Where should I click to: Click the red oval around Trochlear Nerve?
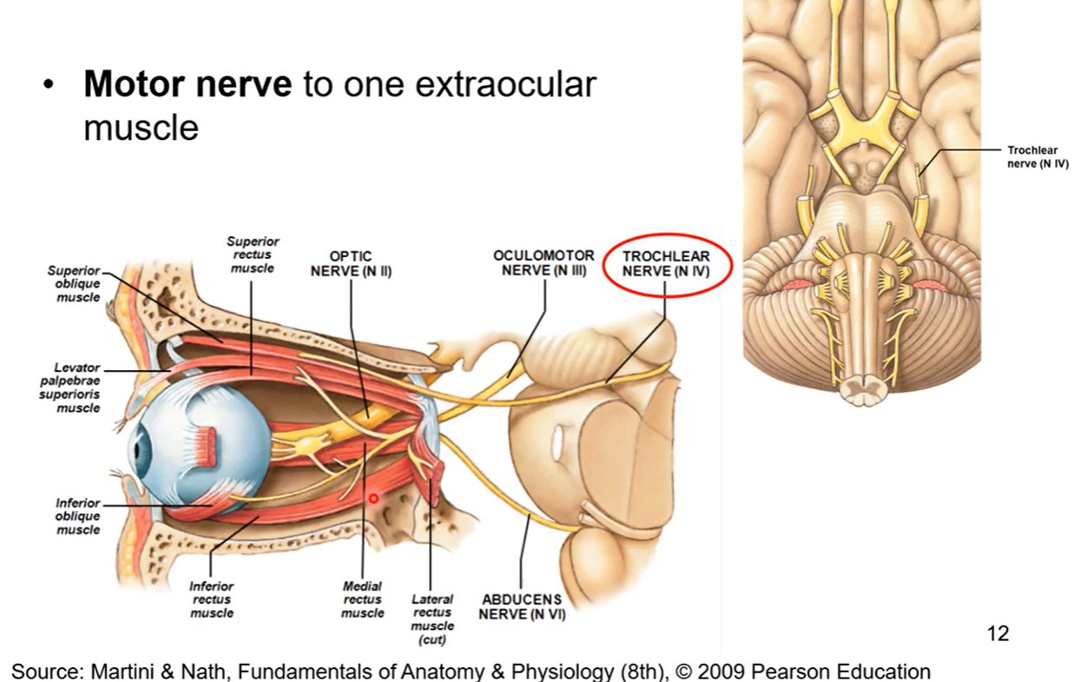pyautogui.click(x=666, y=237)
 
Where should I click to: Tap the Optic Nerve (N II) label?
pyautogui.click(x=351, y=263)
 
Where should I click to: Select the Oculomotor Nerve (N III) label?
pyautogui.click(x=544, y=262)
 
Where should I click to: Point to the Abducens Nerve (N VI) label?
pyautogui.click(x=521, y=606)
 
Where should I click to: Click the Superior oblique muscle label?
pyautogui.click(x=74, y=284)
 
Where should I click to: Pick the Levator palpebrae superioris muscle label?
pyautogui.click(x=78, y=387)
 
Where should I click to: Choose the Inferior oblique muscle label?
pyautogui.click(x=77, y=516)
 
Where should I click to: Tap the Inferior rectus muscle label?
pyautogui.click(x=212, y=599)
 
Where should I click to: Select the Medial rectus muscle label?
pyautogui.click(x=363, y=599)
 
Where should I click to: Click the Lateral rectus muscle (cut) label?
pyautogui.click(x=432, y=619)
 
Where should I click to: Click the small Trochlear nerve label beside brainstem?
pyautogui.click(x=1032, y=157)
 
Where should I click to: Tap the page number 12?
pyautogui.click(x=998, y=633)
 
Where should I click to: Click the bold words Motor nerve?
pyautogui.click(x=187, y=85)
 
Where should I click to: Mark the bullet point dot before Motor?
pyautogui.click(x=49, y=87)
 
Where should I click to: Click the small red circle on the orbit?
pyautogui.click(x=374, y=499)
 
